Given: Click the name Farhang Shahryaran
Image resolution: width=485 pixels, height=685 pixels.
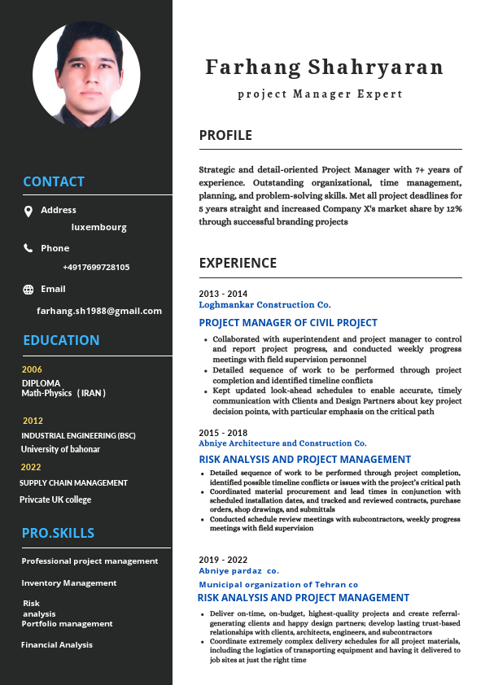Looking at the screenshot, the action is click(325, 67).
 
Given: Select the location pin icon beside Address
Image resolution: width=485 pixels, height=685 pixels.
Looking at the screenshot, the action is click(28, 212).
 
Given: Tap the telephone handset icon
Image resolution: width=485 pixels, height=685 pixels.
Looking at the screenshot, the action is click(28, 248).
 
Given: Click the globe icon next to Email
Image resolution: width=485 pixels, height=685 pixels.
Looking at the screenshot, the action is click(28, 290).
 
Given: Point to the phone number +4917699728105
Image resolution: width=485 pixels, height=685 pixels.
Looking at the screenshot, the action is click(96, 267).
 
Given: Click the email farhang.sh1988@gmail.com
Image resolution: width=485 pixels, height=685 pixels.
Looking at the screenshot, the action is click(99, 311).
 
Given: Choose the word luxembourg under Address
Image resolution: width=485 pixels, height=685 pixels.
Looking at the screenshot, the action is click(99, 227).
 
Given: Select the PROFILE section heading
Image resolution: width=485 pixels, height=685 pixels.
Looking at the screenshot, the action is click(225, 135).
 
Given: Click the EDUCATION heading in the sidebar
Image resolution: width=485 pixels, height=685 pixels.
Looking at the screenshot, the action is click(61, 340).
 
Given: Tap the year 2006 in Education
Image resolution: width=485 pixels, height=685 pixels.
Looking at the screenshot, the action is click(32, 369).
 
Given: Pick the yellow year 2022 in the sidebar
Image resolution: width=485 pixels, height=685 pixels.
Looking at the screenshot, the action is click(31, 467).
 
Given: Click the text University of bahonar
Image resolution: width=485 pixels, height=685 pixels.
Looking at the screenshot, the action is click(61, 449).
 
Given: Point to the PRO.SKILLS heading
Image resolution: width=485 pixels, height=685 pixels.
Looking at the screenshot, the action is click(58, 533).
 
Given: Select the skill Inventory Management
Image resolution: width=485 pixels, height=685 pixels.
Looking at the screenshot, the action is click(69, 582).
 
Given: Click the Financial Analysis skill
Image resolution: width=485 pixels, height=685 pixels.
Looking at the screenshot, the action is click(57, 644).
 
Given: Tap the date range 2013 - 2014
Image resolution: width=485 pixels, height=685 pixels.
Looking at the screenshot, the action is click(223, 294).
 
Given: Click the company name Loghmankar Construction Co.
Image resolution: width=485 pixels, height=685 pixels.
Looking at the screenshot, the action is click(264, 304).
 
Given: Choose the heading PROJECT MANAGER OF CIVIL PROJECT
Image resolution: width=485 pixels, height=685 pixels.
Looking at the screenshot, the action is click(288, 323).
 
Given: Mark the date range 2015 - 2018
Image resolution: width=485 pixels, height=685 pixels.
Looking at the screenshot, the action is click(223, 433).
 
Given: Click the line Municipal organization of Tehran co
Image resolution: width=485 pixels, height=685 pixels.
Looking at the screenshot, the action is click(278, 584).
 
